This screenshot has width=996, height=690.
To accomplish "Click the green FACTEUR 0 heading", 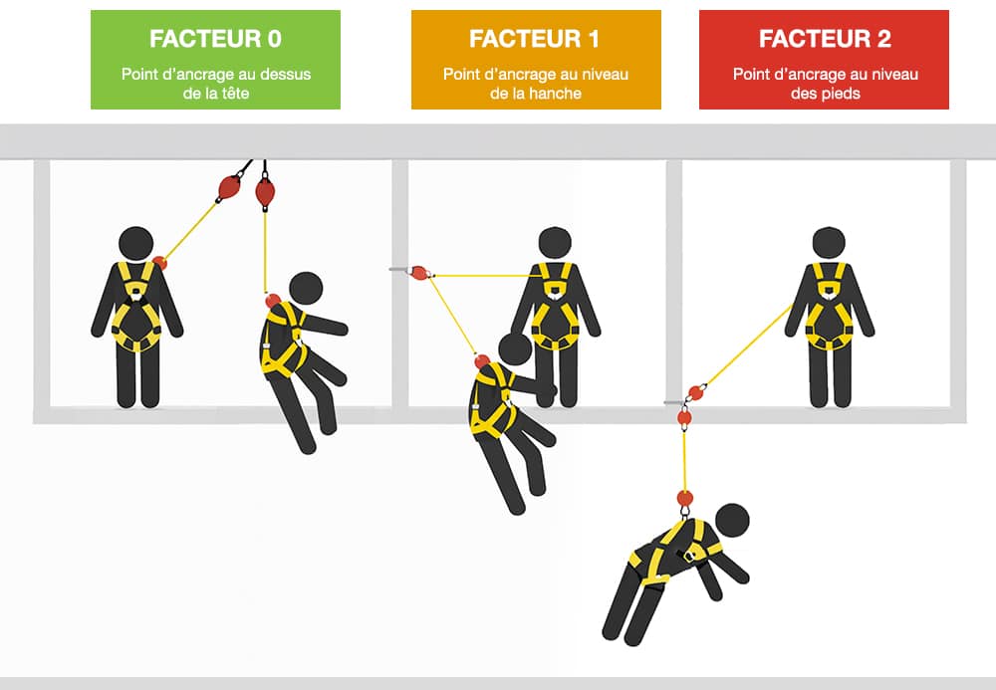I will coord(215,39).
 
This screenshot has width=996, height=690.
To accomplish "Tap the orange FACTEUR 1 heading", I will coord(535,39).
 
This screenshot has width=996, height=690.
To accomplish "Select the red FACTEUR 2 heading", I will coord(824,39).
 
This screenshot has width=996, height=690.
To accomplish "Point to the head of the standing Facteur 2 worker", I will coord(829,243).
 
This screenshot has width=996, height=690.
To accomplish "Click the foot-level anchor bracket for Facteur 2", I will coord(672,402).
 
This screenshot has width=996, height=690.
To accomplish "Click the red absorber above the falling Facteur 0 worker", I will coord(265,192).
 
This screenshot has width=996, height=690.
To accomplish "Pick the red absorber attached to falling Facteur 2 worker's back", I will coord(684,498).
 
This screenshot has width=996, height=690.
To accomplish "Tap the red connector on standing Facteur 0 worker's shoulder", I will coord(159,263).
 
